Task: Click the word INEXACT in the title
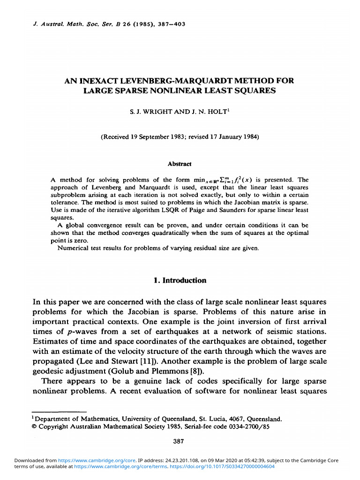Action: click(94, 81)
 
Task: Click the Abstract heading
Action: click(180, 164)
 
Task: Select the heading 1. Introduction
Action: click(180, 280)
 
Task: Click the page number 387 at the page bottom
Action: click(180, 441)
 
